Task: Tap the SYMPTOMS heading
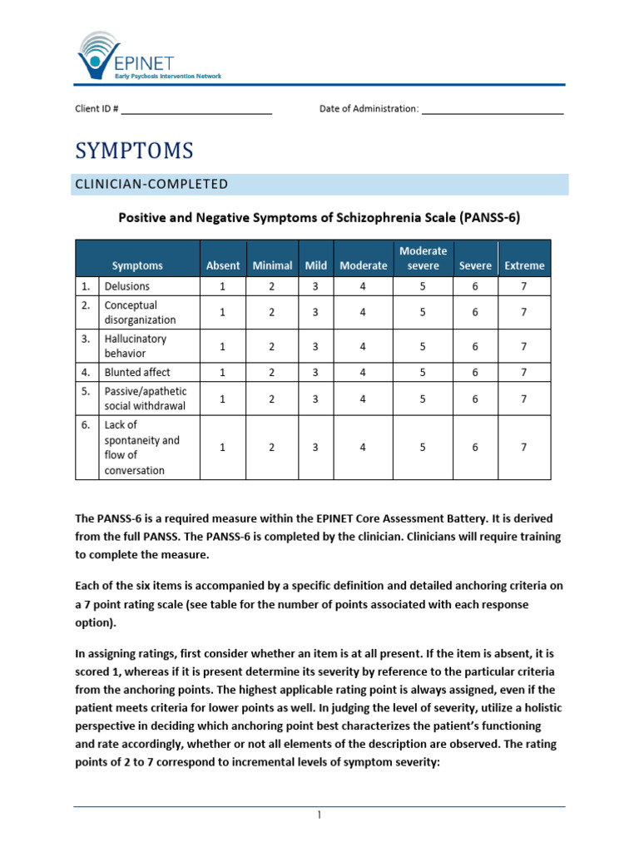pos(134,151)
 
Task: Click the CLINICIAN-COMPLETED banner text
pos(151,184)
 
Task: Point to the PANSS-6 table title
pos(319,217)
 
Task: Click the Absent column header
pos(222,265)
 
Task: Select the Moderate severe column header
pos(423,258)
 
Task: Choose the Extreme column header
pos(524,265)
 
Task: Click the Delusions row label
pos(127,286)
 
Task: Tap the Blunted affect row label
pos(137,372)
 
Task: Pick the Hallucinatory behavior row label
pos(136,346)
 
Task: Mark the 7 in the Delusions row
pos(523,286)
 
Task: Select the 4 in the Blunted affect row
pos(363,372)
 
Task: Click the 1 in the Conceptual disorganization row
pos(222,312)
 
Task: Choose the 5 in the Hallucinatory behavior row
pos(423,346)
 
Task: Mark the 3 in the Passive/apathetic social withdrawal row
pos(315,399)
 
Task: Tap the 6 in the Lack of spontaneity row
pos(475,447)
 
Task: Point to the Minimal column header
pos(272,265)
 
